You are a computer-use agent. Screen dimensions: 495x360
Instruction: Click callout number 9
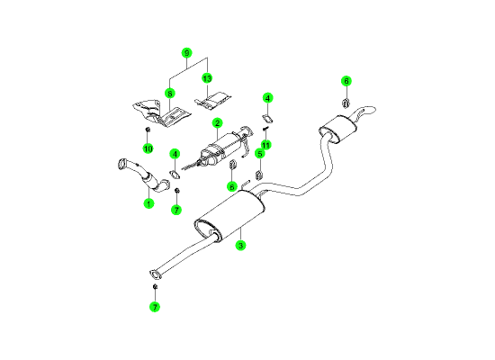[x=187, y=53]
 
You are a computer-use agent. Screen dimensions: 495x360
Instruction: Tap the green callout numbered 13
[x=207, y=78]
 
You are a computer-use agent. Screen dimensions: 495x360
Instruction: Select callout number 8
[x=170, y=94]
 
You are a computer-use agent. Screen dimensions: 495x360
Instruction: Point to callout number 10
[x=148, y=148]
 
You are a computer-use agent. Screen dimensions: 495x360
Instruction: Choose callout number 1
[x=148, y=203]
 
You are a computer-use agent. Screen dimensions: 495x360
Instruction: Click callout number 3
[x=240, y=246]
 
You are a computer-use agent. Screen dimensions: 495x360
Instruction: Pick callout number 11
[x=266, y=145]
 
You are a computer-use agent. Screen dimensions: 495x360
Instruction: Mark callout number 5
[x=260, y=154]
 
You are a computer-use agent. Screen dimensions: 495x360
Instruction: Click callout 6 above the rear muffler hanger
[x=346, y=81]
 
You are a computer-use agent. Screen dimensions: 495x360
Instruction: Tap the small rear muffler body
[x=337, y=129]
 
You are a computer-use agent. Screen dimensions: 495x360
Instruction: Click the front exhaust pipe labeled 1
[x=144, y=175]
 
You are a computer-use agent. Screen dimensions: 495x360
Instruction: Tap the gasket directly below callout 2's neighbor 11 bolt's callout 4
[x=267, y=119]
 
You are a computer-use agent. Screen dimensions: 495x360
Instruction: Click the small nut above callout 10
[x=147, y=130]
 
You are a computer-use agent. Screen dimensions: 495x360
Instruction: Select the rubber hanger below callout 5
[x=259, y=175]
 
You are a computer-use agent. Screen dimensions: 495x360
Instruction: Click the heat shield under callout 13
[x=212, y=101]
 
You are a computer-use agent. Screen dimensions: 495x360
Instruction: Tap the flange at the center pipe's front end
[x=155, y=274]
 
